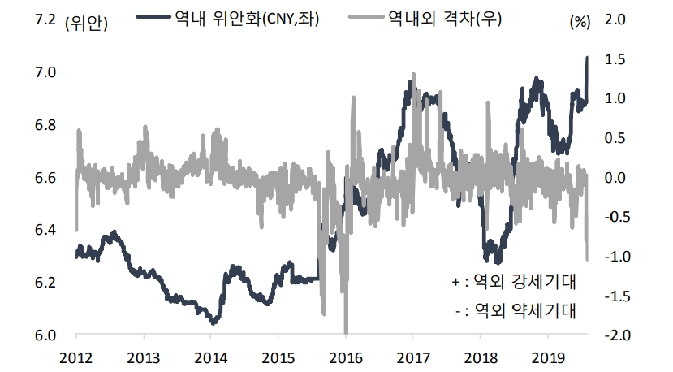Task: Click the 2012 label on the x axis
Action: pos(76,357)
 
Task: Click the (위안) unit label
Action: pos(85,22)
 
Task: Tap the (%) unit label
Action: pos(579,22)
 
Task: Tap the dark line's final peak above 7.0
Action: pos(587,58)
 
